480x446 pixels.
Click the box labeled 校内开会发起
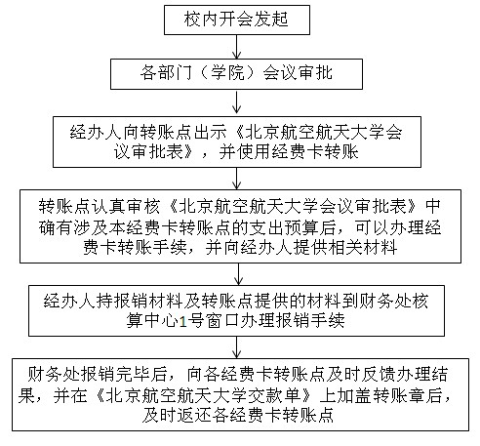point(237,20)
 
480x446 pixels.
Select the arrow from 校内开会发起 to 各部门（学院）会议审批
point(237,47)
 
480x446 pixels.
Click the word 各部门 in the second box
point(166,72)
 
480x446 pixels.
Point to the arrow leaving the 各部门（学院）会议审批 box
point(237,101)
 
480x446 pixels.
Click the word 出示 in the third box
point(211,132)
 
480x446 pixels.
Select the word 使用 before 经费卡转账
point(254,151)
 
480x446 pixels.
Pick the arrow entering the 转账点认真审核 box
point(237,179)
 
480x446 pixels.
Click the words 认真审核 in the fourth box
point(125,206)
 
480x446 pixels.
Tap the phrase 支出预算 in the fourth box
point(284,227)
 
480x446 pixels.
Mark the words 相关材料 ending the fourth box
point(363,247)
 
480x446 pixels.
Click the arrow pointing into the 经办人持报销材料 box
point(238,274)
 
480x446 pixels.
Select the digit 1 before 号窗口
point(182,321)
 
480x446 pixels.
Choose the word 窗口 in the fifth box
point(222,321)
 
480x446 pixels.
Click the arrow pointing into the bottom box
point(237,347)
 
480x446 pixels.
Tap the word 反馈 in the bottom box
point(379,375)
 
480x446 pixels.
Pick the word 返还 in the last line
point(193,416)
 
